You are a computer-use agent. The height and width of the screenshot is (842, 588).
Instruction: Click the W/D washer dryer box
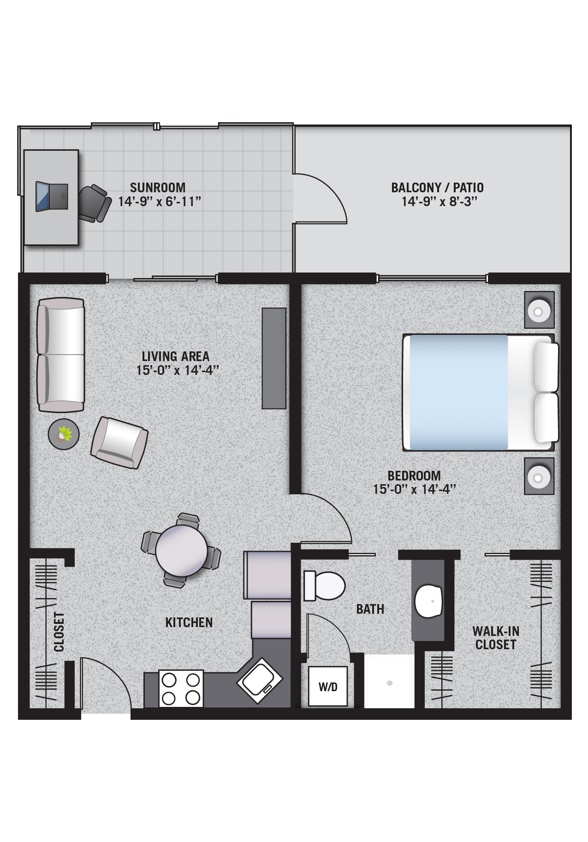(x=328, y=686)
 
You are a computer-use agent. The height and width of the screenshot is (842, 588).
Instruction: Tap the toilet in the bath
(x=324, y=586)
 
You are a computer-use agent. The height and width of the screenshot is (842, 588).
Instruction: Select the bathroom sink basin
(x=428, y=601)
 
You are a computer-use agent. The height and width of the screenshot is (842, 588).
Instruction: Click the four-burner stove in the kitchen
(x=181, y=688)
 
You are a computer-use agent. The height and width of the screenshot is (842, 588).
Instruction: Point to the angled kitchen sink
(x=260, y=680)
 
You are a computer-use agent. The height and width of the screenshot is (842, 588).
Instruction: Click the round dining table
(x=181, y=551)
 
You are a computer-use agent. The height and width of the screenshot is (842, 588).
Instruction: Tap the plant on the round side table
(x=64, y=434)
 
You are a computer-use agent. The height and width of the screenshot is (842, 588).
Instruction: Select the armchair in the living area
(x=119, y=443)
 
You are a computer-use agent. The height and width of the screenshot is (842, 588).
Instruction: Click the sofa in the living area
(x=61, y=355)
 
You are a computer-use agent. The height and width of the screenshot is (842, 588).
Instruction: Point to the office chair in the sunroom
(x=95, y=203)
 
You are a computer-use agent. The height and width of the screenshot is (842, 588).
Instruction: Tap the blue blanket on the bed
(x=458, y=392)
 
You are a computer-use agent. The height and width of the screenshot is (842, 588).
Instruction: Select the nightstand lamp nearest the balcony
(x=539, y=310)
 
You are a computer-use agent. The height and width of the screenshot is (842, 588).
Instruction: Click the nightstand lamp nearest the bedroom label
(x=539, y=477)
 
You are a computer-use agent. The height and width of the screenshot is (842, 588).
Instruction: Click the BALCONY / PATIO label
(x=437, y=188)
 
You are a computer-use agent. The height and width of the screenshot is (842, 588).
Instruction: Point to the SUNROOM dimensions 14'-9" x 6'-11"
(x=160, y=202)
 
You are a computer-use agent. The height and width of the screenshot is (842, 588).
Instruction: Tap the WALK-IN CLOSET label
(x=496, y=638)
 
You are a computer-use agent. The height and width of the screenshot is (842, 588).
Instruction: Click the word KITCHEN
(x=189, y=623)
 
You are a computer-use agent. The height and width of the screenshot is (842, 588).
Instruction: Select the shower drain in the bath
(x=390, y=683)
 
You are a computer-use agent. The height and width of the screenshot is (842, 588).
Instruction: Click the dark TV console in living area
(x=274, y=358)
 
